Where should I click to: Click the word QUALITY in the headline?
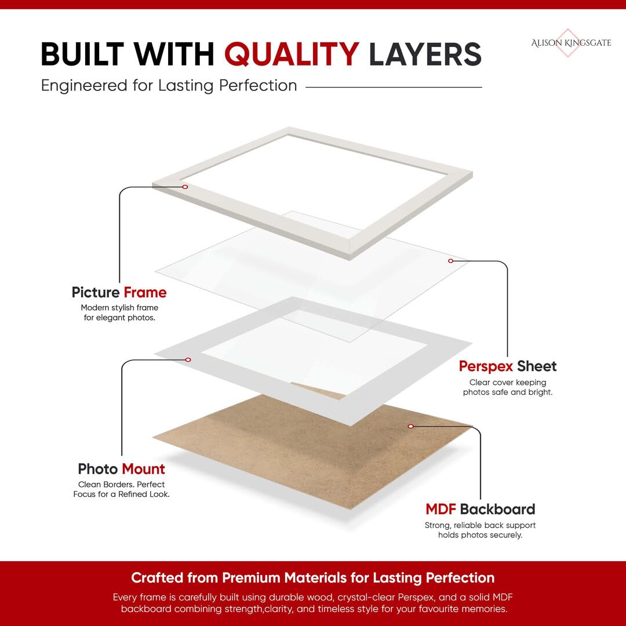coord(292,54)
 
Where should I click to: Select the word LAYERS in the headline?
coord(425,54)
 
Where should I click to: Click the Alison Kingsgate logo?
coord(571,43)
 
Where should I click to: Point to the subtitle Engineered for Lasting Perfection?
coord(169,86)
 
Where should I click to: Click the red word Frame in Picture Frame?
coord(145,292)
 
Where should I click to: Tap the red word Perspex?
coord(486,366)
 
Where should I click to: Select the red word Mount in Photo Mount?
coord(143,469)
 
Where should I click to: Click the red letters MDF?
coord(441,509)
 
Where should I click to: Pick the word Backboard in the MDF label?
coord(497,509)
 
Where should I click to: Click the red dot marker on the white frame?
coord(185,187)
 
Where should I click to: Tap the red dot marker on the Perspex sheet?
coord(451,261)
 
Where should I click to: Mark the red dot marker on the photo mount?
coord(188,360)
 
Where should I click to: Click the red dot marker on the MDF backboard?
coord(411,427)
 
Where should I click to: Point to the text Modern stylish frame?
coord(119,308)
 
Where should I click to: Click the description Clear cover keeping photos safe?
coord(507,387)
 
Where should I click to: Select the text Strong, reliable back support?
coord(481,525)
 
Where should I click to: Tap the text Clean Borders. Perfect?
coord(121,484)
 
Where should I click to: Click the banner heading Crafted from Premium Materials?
coord(313,578)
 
